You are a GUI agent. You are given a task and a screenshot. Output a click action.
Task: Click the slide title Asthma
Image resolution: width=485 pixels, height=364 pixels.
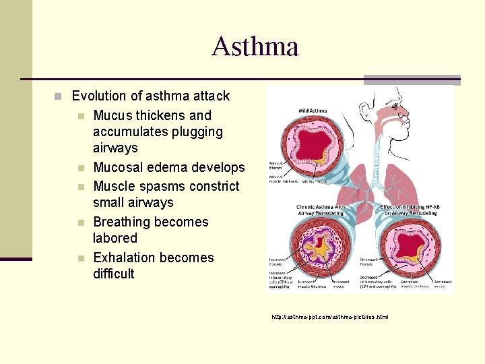[255, 47]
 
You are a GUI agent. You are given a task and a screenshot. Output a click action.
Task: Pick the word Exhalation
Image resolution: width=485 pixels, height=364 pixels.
[126, 258]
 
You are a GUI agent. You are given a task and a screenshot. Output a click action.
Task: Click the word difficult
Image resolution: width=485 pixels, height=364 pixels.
[114, 274]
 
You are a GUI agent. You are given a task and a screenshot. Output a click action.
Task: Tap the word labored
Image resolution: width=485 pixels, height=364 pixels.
[115, 239]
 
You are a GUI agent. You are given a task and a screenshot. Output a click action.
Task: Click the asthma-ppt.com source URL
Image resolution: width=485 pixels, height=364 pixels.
[330, 317]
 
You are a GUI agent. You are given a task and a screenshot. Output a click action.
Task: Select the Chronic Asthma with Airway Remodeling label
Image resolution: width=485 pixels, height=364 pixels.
[320, 210]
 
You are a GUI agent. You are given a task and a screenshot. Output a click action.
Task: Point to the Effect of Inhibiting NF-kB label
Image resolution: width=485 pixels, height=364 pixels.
[410, 210]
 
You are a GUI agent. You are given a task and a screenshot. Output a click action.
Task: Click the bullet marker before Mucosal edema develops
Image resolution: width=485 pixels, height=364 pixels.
[79, 168]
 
